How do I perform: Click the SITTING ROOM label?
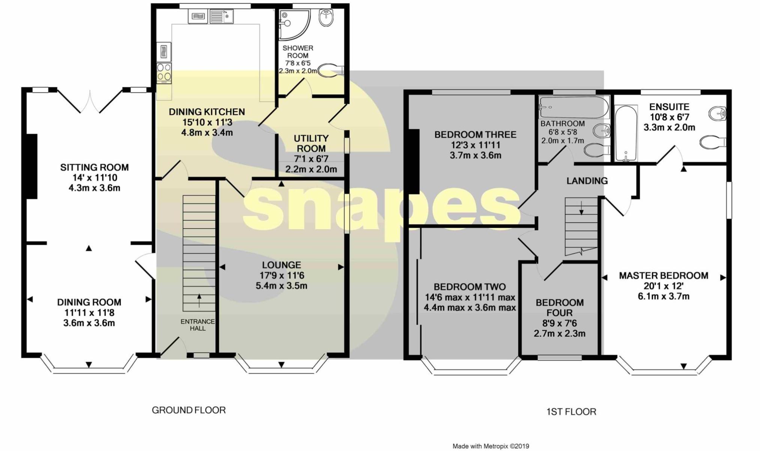pyautogui.click(x=94, y=167)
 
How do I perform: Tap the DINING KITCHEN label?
pyautogui.click(x=207, y=112)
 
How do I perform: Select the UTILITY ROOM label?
pyautogui.click(x=311, y=143)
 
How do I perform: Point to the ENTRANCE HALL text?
pyautogui.click(x=198, y=325)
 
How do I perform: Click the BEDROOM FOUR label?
pyautogui.click(x=560, y=308)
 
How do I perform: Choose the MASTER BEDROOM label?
pyautogui.click(x=664, y=276)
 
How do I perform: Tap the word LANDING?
pyautogui.click(x=587, y=181)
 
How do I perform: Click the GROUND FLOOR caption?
pyautogui.click(x=189, y=410)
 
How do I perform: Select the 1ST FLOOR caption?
pyautogui.click(x=571, y=412)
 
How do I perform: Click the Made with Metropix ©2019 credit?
pyautogui.click(x=491, y=446)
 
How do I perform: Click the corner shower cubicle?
pyautogui.click(x=295, y=25)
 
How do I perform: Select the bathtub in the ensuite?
pyautogui.click(x=626, y=133)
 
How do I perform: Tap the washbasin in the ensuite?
pyautogui.click(x=717, y=113)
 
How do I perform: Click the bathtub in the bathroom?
pyautogui.click(x=573, y=107)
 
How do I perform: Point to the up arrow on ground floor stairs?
pyautogui.click(x=199, y=301)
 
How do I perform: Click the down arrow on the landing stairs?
pyautogui.click(x=581, y=208)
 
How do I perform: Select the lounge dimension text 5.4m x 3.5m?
pyautogui.click(x=281, y=286)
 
